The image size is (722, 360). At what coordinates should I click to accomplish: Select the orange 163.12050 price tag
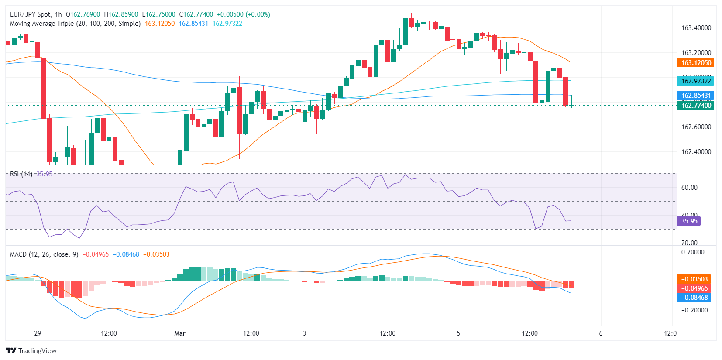(x=696, y=63)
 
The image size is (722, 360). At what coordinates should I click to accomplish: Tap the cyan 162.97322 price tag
(x=696, y=81)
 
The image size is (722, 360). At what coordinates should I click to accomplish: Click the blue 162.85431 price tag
(x=696, y=96)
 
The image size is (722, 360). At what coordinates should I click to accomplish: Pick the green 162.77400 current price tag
(x=696, y=105)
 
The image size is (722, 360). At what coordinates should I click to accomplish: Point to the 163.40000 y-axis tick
(x=696, y=28)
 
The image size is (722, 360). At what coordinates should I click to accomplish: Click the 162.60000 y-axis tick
(x=696, y=127)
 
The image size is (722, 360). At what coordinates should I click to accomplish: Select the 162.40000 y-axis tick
(x=696, y=152)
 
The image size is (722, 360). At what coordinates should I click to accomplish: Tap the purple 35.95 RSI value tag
(x=689, y=221)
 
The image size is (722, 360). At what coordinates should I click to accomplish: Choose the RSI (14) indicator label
(x=21, y=174)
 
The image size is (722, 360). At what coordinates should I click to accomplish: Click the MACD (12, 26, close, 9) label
(x=44, y=254)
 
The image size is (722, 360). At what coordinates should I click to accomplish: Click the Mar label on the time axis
(x=180, y=333)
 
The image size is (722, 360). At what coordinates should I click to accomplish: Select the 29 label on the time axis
(x=38, y=333)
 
